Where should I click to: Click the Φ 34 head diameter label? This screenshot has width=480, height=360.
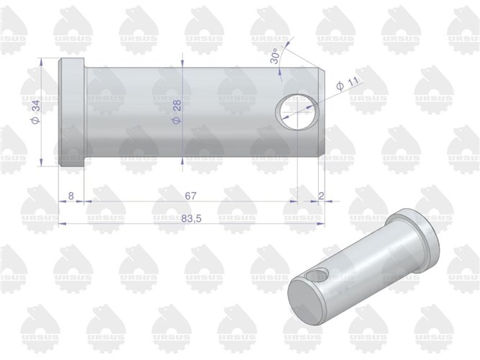[x=35, y=112]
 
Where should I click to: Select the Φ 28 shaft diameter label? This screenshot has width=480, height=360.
[x=177, y=112]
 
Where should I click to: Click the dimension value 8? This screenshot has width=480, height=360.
[x=71, y=195]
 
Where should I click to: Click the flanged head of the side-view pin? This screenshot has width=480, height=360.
[x=72, y=114]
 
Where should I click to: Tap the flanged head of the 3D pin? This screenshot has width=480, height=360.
[x=417, y=238]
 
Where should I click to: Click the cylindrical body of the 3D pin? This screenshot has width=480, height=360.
[x=360, y=266]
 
